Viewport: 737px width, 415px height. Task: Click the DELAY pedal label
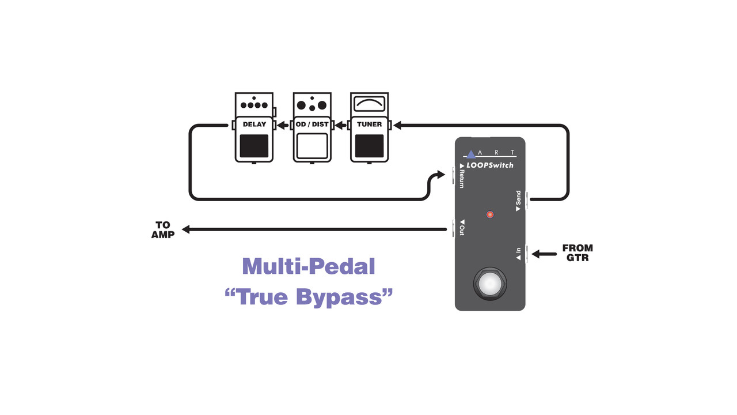(254, 124)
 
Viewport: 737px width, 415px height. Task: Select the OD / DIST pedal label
(311, 124)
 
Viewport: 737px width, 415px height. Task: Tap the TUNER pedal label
(369, 124)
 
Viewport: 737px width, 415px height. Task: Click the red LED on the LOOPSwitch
(490, 214)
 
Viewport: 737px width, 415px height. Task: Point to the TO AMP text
(163, 229)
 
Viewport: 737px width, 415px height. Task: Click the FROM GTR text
(577, 253)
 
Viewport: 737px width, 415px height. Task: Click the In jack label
(518, 254)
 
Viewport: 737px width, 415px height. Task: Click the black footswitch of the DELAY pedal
(254, 146)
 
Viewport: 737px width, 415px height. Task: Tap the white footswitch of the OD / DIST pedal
(311, 146)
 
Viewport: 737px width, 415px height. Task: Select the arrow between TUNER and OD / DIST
(340, 125)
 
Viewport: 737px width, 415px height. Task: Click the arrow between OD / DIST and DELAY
(283, 125)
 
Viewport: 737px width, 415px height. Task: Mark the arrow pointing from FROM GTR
(544, 254)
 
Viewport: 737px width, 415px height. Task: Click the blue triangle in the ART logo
(471, 154)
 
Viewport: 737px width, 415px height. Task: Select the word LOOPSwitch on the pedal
(490, 165)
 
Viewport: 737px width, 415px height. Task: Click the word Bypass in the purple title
(344, 297)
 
